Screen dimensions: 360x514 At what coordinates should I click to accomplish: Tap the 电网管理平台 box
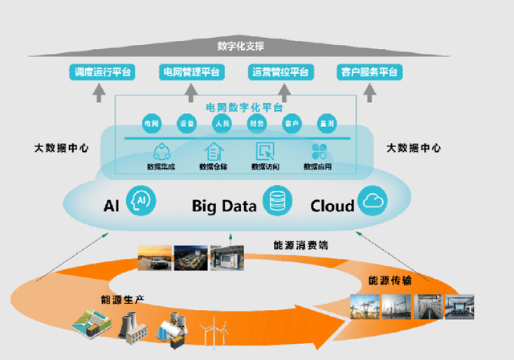(x=190, y=72)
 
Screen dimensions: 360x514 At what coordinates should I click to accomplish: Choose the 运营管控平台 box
(x=279, y=72)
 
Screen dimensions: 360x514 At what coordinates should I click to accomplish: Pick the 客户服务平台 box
(x=369, y=72)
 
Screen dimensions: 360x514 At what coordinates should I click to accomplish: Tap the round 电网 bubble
(x=151, y=124)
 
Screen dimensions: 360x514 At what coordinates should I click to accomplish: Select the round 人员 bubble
(x=222, y=124)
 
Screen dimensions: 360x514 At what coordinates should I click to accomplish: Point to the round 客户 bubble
(x=291, y=124)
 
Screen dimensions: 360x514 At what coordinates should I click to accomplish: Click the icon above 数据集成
(x=161, y=150)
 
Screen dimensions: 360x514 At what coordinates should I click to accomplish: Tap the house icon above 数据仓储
(x=214, y=150)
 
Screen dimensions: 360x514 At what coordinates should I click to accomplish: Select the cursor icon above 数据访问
(x=265, y=150)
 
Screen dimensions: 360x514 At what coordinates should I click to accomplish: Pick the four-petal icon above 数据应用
(x=317, y=150)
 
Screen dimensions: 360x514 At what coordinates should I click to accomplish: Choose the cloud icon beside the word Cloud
(x=373, y=200)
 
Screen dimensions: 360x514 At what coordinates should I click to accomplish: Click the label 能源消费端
(x=296, y=244)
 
